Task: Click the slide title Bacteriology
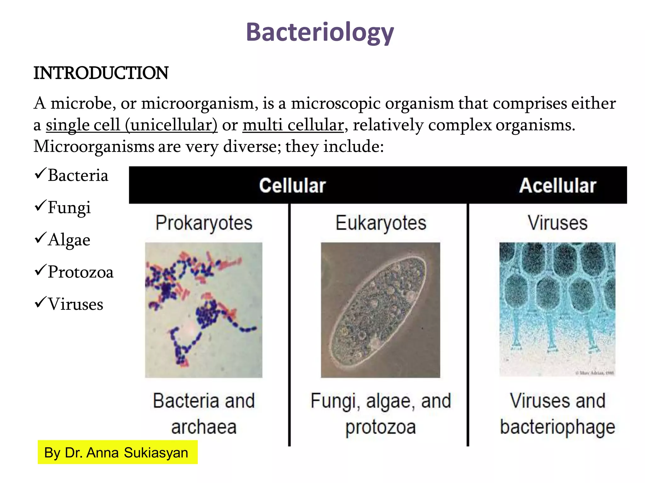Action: (x=320, y=32)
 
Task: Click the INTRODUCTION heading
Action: (x=101, y=73)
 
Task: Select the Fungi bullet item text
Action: (x=69, y=208)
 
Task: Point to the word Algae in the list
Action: (x=69, y=240)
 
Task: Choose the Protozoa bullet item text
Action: (x=81, y=272)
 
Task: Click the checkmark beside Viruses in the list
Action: (x=40, y=302)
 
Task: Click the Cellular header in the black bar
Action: (x=292, y=185)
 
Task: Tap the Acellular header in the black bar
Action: (x=557, y=185)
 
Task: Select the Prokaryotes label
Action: (x=204, y=223)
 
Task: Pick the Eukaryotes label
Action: (x=381, y=223)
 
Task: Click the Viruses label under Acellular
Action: (x=557, y=223)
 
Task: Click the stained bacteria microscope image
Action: (x=203, y=310)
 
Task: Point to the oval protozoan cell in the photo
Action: (x=378, y=310)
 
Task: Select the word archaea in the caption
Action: (x=204, y=427)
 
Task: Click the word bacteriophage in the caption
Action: (x=557, y=427)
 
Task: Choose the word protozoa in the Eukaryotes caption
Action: (x=380, y=427)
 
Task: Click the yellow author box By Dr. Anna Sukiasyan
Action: (x=117, y=452)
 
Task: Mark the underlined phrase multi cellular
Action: (x=293, y=125)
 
